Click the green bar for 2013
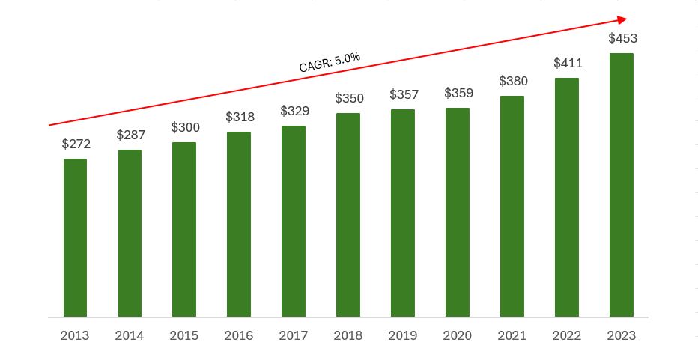tap(75, 237)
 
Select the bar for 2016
tap(239, 224)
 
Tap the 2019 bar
tap(403, 213)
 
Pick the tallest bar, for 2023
tap(621, 185)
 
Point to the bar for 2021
tap(512, 206)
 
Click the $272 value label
tap(76, 144)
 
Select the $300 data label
tap(185, 128)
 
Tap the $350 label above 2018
tap(349, 98)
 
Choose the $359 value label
tap(458, 94)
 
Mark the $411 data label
tap(568, 63)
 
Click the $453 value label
tap(622, 38)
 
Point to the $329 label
tap(294, 111)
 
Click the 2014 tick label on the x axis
tap(130, 335)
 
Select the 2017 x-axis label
tap(294, 335)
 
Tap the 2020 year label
tap(458, 335)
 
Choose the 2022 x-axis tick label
tap(567, 335)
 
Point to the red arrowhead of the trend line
tap(622, 20)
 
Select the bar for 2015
tap(184, 229)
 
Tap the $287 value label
tap(130, 135)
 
